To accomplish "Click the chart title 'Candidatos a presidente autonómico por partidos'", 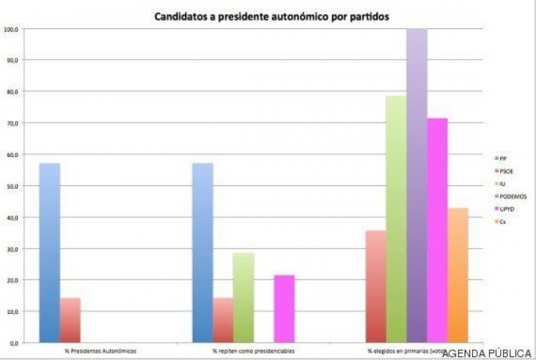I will click(272, 16).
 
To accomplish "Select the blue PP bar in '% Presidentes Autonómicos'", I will click(50, 253).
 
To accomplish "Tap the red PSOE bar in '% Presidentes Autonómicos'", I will click(70, 320).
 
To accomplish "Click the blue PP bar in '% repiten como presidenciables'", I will click(202, 253).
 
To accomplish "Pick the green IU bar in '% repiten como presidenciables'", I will click(243, 298).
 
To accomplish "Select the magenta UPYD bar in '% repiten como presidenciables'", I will click(284, 309).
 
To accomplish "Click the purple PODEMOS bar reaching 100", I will click(417, 186).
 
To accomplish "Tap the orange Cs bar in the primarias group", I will click(458, 275).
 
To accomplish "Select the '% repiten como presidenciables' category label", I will click(253, 350).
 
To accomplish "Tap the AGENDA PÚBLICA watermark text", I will click(487, 353).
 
